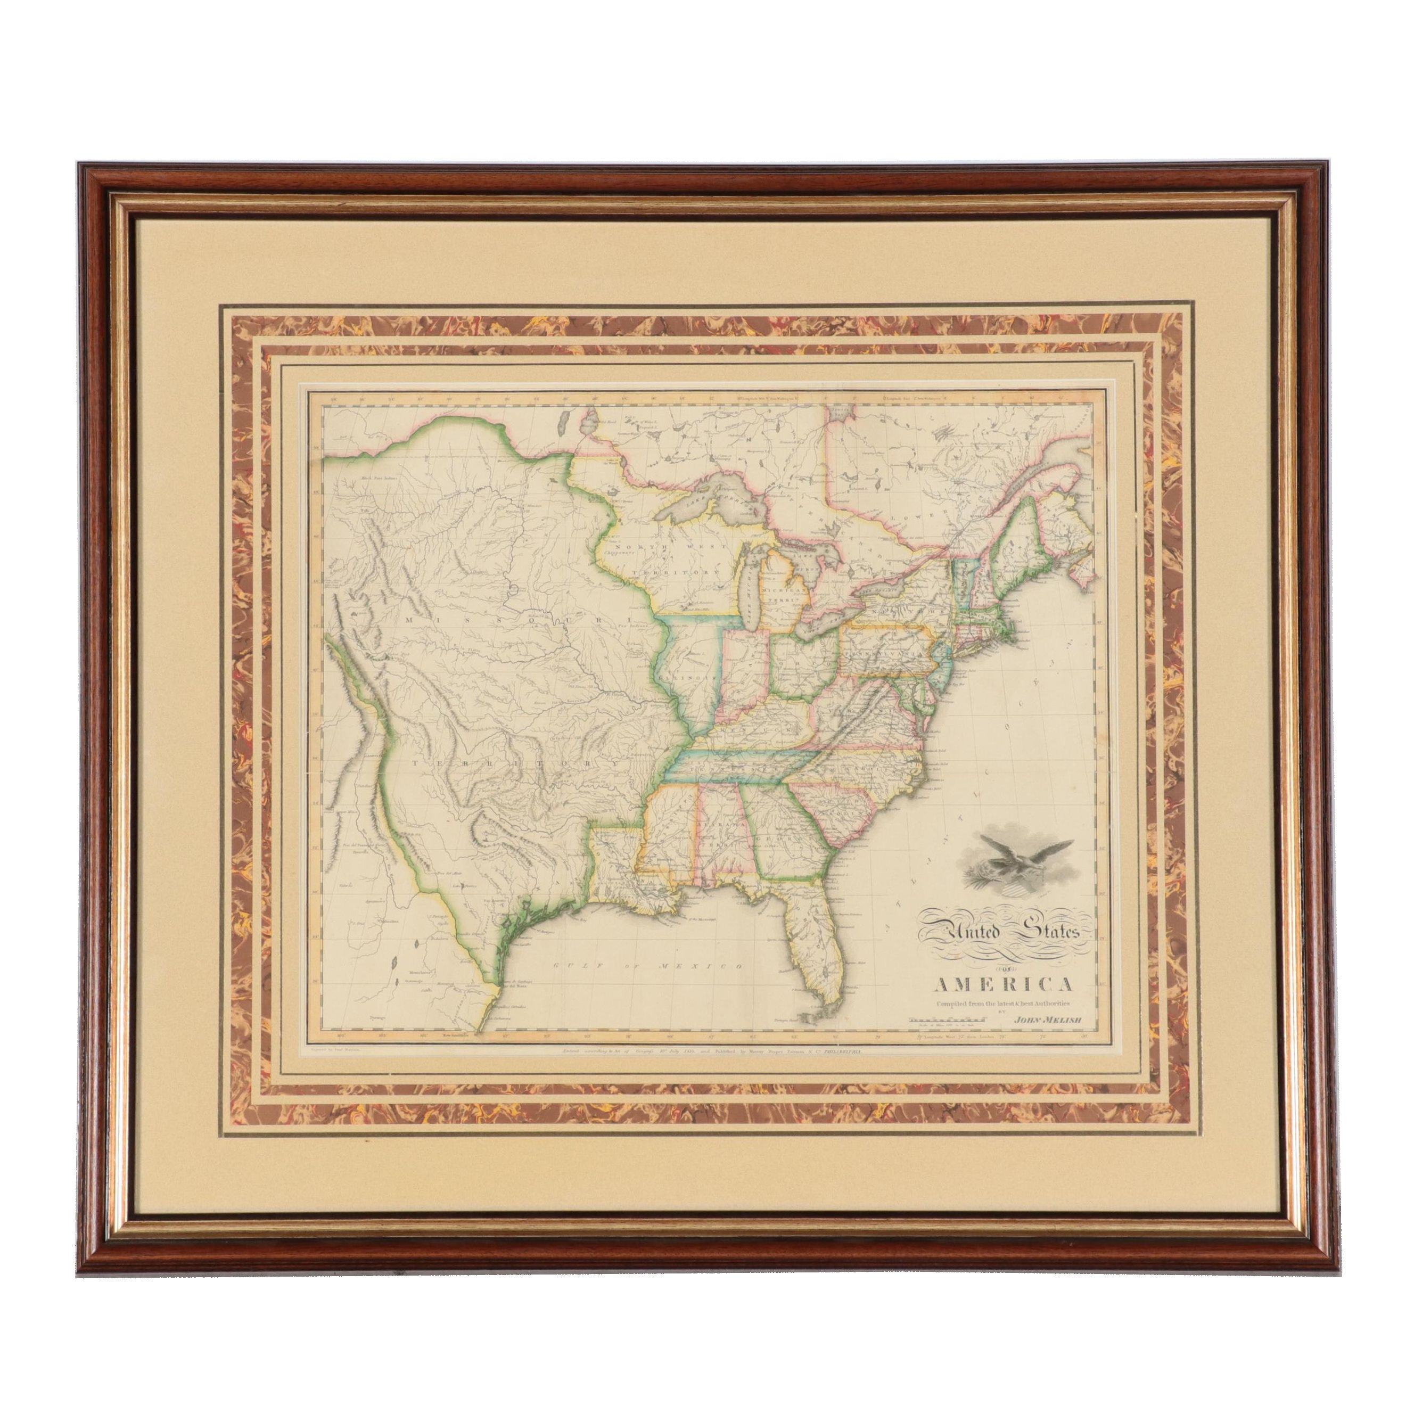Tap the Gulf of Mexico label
644,967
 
